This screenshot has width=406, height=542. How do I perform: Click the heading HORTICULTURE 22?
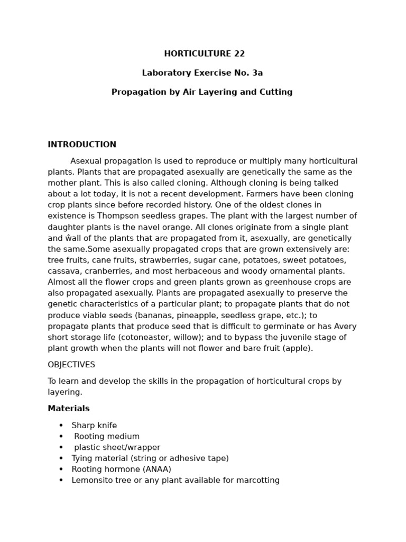pos(204,53)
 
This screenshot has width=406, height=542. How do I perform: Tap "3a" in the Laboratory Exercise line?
pos(257,73)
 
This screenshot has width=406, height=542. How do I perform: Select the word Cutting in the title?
pos(275,92)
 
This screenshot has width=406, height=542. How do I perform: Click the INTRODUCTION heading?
pos(82,144)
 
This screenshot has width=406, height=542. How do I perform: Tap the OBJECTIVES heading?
pos(71,365)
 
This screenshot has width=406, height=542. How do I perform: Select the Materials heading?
pos(69,409)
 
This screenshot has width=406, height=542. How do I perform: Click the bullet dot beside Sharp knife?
pos(61,426)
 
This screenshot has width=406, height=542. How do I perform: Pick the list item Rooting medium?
pos(107,437)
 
